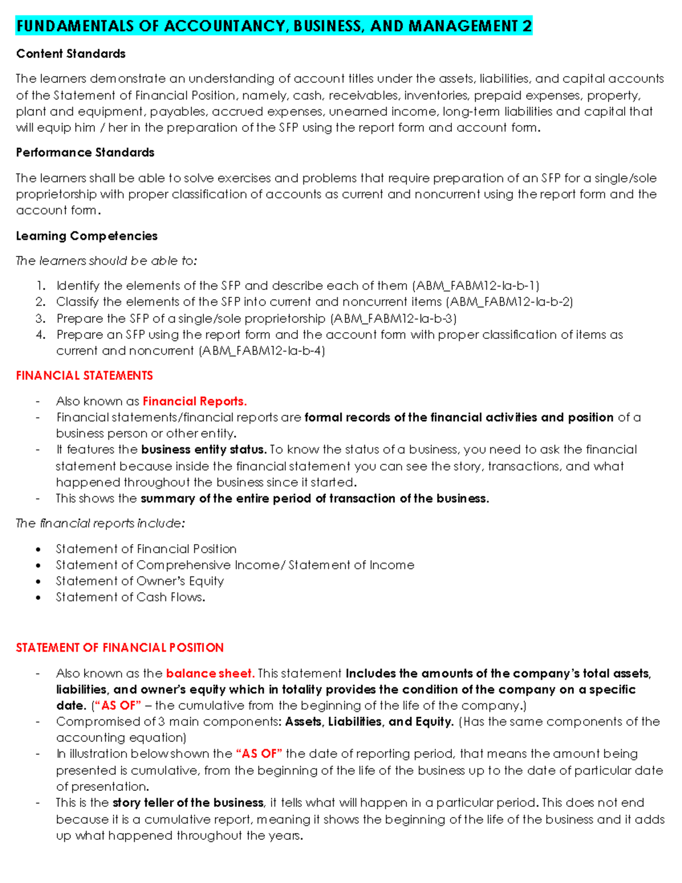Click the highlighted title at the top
click(274, 26)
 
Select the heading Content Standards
click(71, 54)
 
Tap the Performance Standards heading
click(85, 153)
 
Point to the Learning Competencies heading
click(87, 236)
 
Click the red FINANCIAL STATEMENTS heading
click(84, 376)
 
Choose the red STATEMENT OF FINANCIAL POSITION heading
click(120, 648)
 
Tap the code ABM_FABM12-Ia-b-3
click(393, 318)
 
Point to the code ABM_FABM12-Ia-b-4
click(261, 351)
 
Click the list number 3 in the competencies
click(40, 318)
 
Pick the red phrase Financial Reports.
click(194, 401)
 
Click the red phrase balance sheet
click(210, 674)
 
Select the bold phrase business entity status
click(203, 450)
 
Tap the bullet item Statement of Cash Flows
click(130, 598)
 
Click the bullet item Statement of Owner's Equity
click(140, 581)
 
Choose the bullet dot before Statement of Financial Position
click(38, 549)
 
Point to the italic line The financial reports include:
click(100, 524)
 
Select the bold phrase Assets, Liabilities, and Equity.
click(369, 722)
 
